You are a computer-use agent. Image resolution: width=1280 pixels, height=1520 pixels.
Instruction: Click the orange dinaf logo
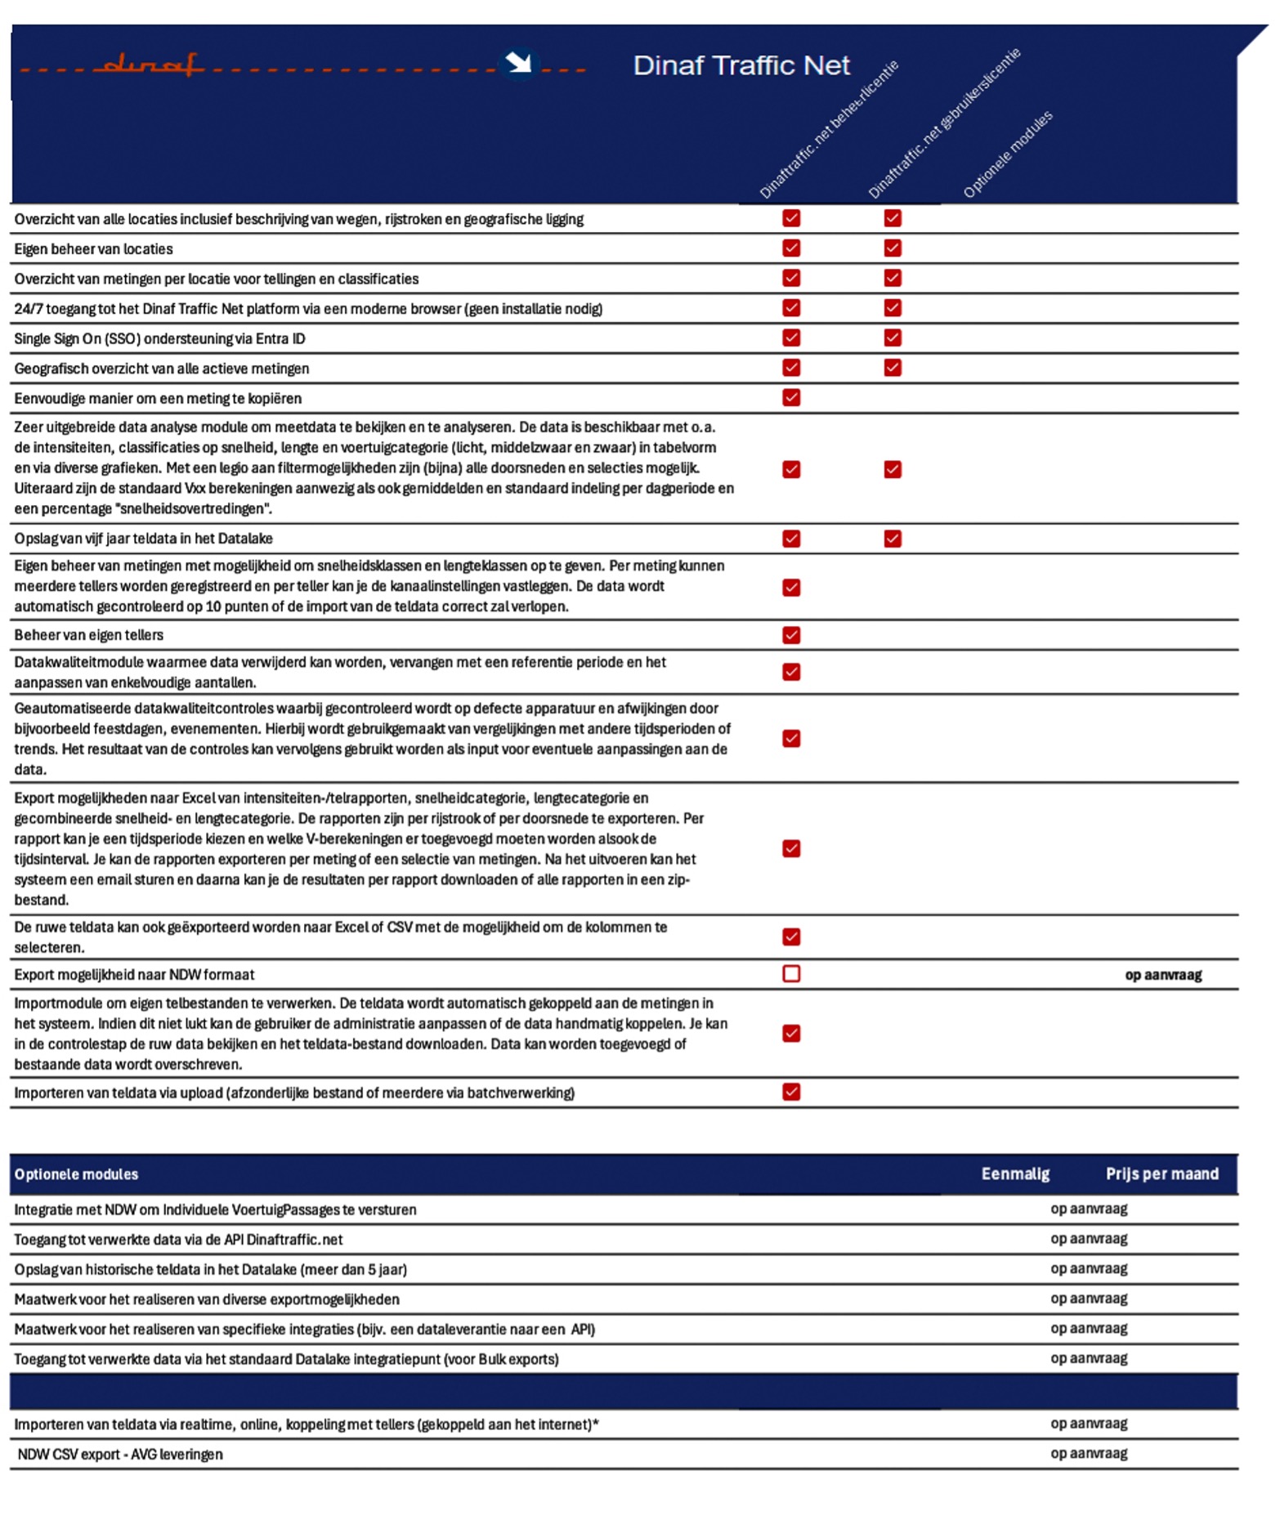[148, 65]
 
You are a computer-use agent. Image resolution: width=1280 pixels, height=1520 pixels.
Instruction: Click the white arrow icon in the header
[517, 63]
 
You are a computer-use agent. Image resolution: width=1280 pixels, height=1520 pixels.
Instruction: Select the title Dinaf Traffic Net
[741, 65]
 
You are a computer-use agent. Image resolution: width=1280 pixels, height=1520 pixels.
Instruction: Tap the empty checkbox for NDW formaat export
[790, 973]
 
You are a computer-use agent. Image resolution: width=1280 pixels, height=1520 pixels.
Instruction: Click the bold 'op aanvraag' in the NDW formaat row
[1162, 974]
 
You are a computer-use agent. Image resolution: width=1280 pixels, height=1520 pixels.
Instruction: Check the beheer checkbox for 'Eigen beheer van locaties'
[790, 248]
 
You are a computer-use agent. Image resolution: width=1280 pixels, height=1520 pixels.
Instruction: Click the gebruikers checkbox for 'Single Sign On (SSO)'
[892, 338]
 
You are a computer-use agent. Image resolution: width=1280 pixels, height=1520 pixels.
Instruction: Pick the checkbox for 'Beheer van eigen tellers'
[790, 635]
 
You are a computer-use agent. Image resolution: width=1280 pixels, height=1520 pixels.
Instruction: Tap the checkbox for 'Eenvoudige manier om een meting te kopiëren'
[790, 397]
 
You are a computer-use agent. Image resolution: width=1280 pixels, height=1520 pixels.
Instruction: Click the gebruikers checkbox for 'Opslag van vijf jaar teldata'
[892, 539]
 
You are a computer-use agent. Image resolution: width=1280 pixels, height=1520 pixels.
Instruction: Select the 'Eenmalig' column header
[1014, 1174]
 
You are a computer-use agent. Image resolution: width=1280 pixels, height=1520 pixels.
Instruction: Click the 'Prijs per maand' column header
[1161, 1174]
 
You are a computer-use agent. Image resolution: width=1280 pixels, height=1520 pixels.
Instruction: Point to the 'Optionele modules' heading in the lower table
[76, 1174]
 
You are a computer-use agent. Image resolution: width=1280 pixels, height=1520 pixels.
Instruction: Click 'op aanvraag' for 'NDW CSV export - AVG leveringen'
[1088, 1453]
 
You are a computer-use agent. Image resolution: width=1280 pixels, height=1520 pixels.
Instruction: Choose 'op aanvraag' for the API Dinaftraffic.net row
[1088, 1238]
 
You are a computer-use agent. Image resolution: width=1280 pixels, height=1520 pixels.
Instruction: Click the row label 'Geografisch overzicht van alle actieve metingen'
[162, 369]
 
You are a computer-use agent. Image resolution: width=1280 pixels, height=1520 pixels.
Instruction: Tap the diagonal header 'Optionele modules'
[1007, 154]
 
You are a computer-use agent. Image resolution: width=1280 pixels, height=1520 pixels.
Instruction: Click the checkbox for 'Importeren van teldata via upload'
[790, 1092]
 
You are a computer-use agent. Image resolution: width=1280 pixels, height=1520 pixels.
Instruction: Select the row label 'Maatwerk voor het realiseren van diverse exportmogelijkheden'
[207, 1299]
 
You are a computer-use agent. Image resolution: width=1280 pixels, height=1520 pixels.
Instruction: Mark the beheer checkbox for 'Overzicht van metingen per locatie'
[790, 278]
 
